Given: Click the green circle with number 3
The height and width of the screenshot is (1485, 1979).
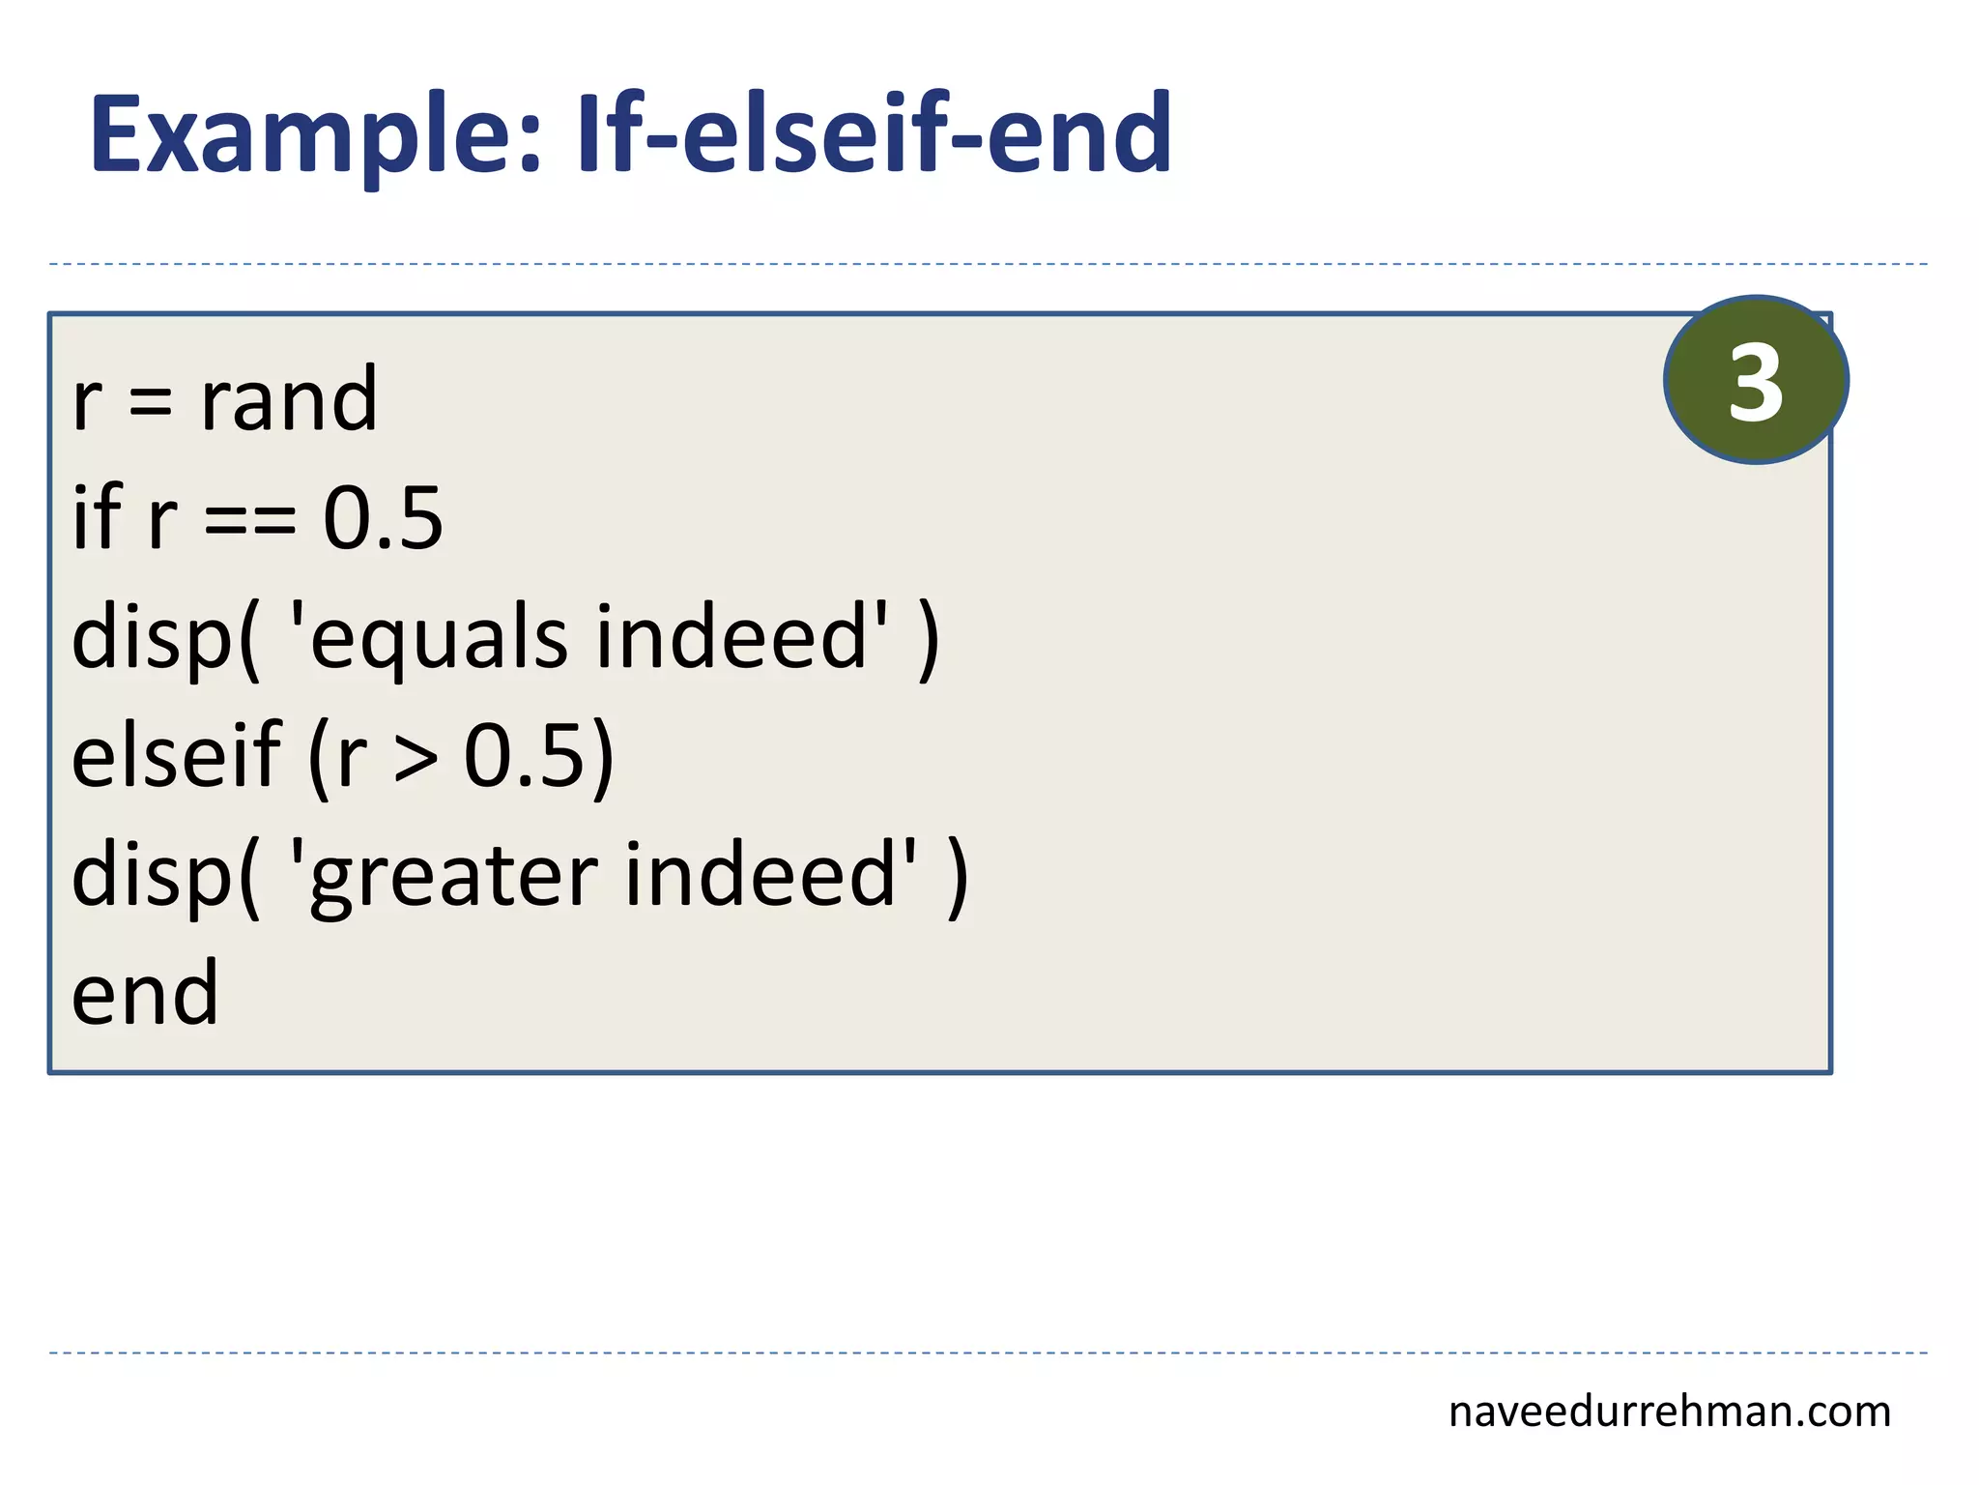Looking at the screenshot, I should click(1756, 380).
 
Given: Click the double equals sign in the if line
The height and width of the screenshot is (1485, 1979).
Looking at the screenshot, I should click(250, 522).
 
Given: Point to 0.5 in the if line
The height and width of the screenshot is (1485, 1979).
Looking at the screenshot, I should click(383, 519).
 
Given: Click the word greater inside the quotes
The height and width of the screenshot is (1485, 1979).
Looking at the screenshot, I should click(453, 875).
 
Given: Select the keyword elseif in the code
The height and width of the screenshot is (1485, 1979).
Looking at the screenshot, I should click(176, 755).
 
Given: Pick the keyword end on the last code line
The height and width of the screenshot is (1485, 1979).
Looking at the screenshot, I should click(145, 993).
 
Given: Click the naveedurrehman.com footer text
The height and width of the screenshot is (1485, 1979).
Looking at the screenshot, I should click(1669, 1412).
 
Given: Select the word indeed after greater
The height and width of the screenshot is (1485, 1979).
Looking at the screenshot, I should click(760, 874).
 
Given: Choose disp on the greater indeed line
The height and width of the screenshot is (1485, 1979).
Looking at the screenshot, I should click(154, 876).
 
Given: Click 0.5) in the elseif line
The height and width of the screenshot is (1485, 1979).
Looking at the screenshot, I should click(538, 757).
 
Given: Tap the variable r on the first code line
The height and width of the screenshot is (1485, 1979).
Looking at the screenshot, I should click(87, 401).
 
